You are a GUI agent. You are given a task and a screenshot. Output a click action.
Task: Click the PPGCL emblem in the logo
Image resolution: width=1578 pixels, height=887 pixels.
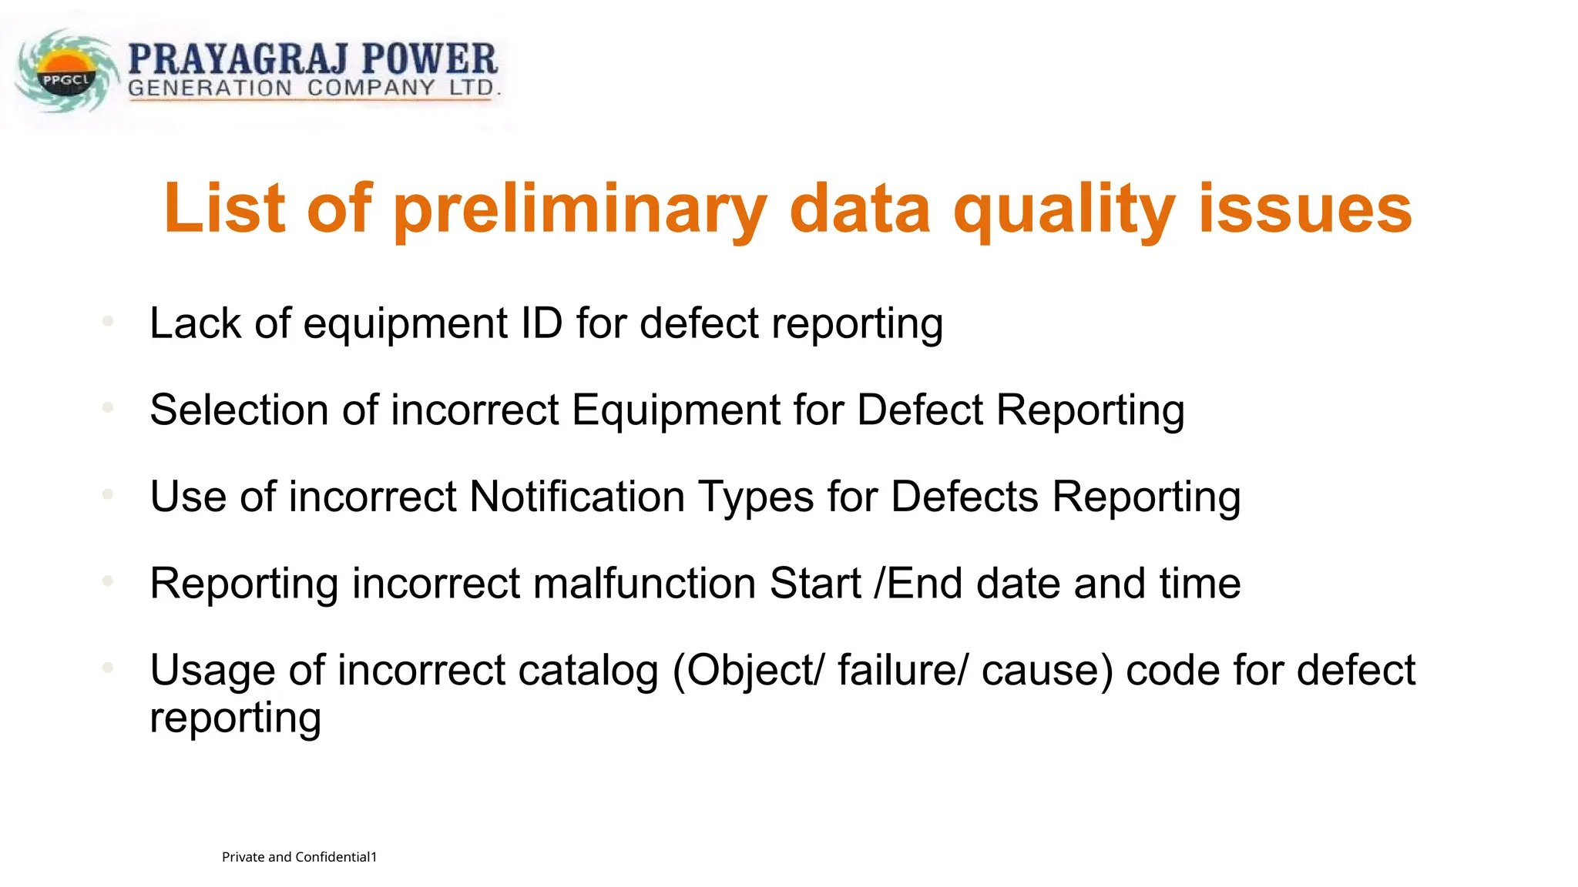(66, 73)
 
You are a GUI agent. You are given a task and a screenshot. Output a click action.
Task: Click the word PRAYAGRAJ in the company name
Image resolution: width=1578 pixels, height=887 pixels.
(238, 59)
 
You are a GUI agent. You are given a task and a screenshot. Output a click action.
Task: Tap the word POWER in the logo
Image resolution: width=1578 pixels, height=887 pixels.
(429, 59)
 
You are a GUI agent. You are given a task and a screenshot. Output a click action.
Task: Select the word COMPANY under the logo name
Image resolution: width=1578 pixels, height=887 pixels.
(371, 88)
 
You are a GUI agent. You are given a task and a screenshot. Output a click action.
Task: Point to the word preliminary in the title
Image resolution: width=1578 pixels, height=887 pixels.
(580, 209)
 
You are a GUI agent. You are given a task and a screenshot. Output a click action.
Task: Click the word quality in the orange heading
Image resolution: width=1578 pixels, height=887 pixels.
(1064, 209)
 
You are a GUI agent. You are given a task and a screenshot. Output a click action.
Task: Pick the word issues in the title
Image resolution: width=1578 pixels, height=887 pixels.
(1304, 209)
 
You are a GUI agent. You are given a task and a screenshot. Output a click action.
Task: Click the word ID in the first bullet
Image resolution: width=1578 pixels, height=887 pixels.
(542, 323)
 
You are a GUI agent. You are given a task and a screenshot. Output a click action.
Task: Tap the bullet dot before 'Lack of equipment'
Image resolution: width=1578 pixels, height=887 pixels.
(108, 320)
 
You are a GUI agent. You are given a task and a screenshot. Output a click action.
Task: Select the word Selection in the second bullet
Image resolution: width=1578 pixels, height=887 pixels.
(239, 410)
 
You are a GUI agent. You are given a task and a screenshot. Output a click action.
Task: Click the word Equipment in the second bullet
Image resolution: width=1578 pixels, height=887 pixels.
(676, 410)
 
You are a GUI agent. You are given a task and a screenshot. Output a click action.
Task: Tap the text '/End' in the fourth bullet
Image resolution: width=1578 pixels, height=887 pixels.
(918, 584)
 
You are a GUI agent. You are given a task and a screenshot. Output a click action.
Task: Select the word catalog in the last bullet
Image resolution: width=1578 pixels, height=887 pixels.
(589, 671)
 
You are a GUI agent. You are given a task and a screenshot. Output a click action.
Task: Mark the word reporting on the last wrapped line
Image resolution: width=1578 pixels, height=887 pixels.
(235, 718)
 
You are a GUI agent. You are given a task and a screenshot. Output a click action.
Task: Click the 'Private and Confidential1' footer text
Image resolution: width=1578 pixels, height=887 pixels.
(299, 857)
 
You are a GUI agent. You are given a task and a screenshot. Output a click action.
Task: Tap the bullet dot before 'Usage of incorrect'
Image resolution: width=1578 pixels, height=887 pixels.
(108, 668)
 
